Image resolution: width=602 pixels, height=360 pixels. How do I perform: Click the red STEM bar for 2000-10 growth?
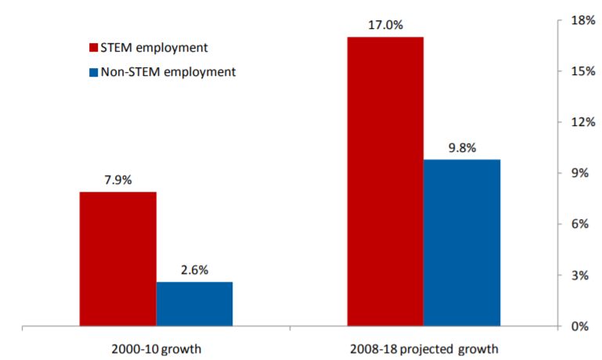[118, 258]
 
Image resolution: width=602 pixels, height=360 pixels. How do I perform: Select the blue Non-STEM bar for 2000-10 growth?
[194, 304]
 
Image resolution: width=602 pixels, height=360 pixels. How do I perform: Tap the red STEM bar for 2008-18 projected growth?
[385, 181]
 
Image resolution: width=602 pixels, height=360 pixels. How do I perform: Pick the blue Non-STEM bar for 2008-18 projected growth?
[461, 243]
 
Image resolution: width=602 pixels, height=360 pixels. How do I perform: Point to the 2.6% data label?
[194, 271]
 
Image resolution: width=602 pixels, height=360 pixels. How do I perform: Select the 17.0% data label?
[385, 25]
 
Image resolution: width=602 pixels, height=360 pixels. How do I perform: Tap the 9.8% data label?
[461, 148]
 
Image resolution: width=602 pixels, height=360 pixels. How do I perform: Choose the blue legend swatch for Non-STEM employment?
[94, 72]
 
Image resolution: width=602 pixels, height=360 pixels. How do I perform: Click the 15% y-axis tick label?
[580, 71]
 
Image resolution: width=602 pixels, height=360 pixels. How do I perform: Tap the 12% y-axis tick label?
[580, 122]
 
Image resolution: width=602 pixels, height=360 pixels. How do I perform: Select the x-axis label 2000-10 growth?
[157, 347]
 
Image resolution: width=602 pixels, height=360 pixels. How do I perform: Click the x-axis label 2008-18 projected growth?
[424, 347]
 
